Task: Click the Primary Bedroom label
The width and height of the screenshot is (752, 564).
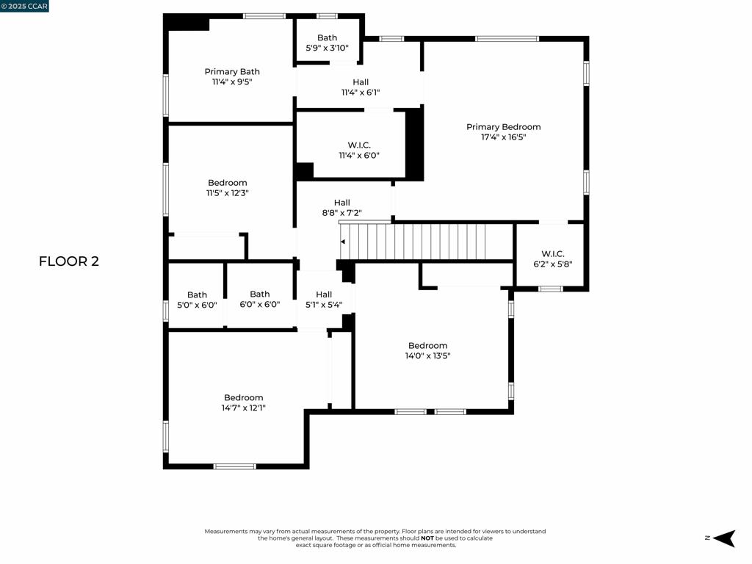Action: point(503,127)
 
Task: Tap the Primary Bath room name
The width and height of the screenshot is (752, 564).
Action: point(232,72)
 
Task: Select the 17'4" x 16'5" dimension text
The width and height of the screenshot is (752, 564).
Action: point(503,137)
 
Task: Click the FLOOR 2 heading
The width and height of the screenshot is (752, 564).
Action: point(68,261)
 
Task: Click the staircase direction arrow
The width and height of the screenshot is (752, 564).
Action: point(343,242)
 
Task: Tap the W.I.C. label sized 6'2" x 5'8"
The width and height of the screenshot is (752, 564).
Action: point(552,254)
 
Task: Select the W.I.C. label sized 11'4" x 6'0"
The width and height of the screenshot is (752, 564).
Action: point(359,145)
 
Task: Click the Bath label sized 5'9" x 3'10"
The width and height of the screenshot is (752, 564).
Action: point(328,37)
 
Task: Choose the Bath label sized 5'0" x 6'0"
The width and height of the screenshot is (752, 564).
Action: point(197,295)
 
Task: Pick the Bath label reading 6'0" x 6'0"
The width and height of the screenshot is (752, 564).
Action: point(260,294)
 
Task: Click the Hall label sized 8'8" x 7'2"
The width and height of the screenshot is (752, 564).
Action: point(342,203)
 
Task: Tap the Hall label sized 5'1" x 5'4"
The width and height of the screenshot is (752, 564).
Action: point(324,294)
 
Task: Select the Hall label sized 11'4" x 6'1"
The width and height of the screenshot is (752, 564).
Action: point(361,82)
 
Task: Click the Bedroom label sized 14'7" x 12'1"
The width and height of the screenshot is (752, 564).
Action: point(244,397)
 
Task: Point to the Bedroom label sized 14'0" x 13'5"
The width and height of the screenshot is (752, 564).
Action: point(428,346)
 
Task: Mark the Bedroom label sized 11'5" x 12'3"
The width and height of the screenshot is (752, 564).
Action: point(228,183)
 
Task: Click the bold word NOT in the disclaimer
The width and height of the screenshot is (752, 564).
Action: point(427,538)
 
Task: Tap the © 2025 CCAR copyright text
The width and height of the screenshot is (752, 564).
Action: point(25,7)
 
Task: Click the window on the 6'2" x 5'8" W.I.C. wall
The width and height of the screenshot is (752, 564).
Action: point(551,289)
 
